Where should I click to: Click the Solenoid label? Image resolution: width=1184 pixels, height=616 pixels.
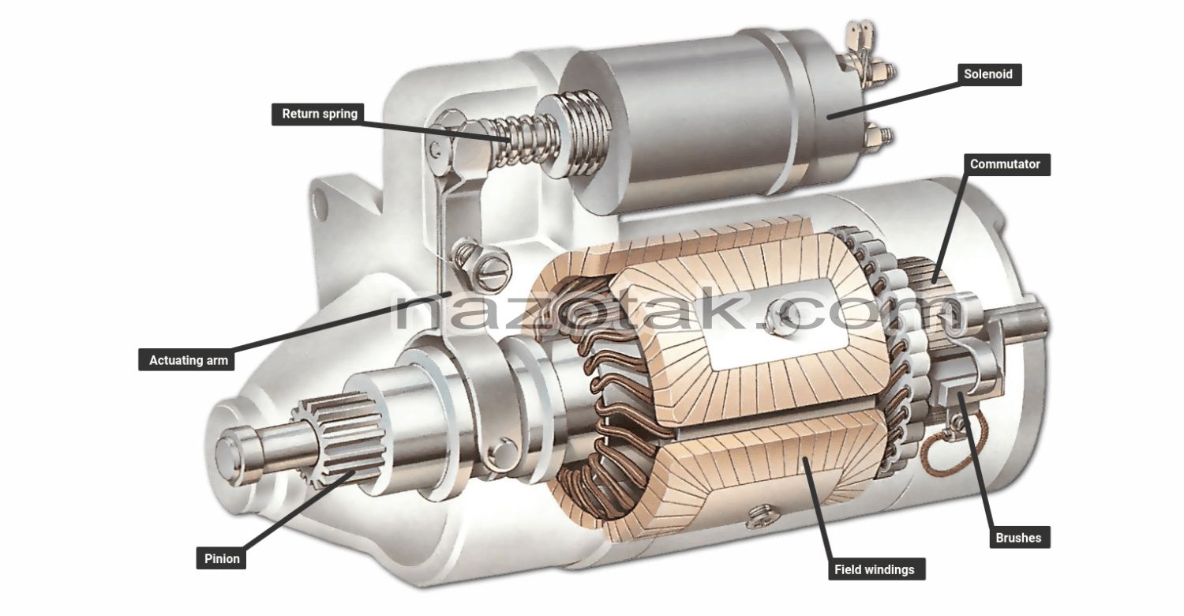tap(987, 75)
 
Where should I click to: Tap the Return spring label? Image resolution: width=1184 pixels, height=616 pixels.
tap(320, 114)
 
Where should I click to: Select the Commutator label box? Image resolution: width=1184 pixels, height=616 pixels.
tap(1005, 164)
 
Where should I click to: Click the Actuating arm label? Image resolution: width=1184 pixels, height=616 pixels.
tap(188, 360)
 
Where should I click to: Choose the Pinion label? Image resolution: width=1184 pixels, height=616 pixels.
tap(222, 558)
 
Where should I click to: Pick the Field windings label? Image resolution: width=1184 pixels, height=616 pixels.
tap(874, 569)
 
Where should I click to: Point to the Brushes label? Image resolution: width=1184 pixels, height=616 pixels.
tap(1017, 538)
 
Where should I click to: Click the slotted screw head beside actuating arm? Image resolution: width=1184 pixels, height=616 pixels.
tap(493, 272)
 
